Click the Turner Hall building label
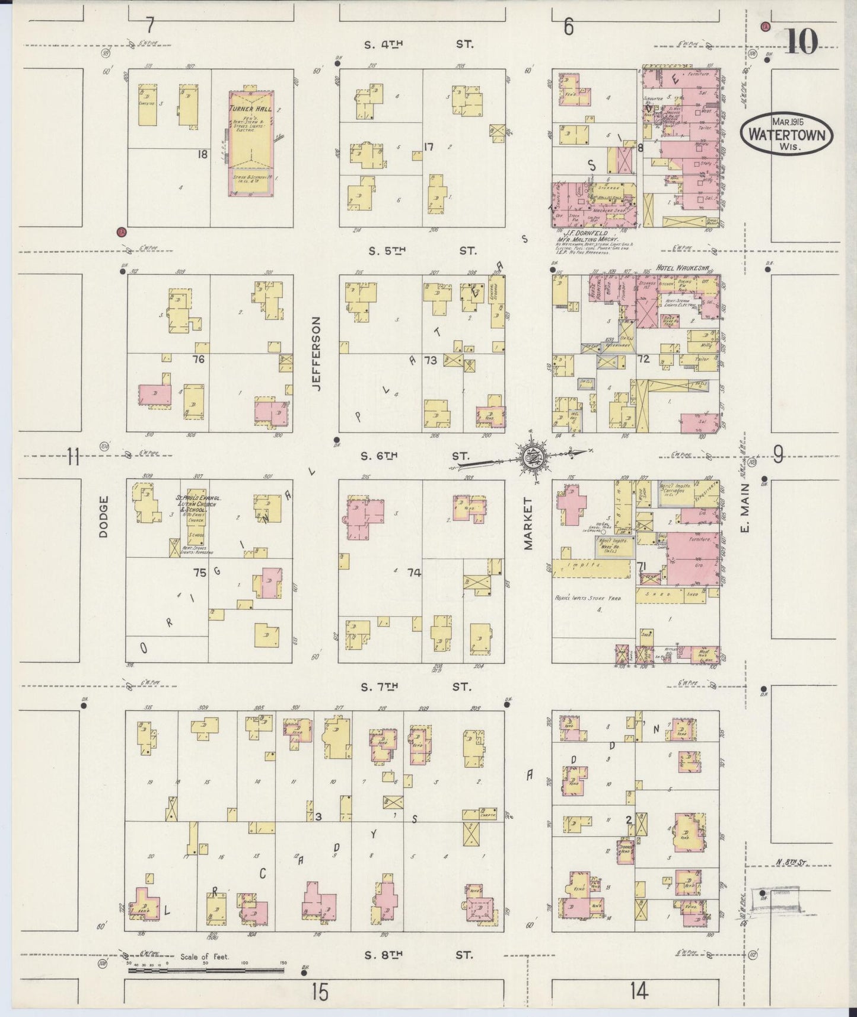250,109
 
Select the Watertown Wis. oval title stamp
786,134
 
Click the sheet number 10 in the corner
802,42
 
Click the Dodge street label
104,517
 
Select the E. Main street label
746,507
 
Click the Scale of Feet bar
205,971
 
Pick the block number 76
198,359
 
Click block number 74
414,573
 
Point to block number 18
203,154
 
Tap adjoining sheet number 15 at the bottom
320,991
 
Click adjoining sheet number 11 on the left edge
72,456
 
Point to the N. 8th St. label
792,863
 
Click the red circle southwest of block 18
121,232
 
